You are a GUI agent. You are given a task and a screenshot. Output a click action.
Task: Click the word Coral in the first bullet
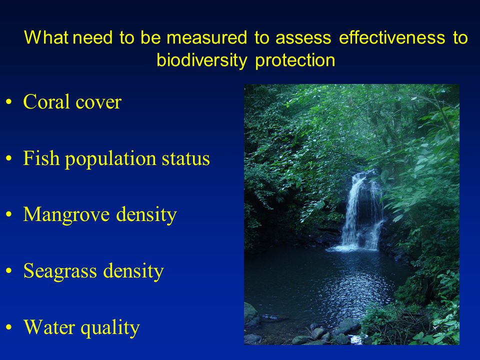[x=46, y=101]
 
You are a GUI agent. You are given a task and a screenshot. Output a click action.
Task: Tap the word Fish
[x=41, y=158]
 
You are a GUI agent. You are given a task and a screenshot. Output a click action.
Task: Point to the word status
[x=186, y=159]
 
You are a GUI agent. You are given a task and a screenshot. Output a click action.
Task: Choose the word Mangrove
[x=66, y=215]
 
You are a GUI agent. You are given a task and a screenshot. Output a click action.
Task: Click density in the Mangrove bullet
[x=146, y=215]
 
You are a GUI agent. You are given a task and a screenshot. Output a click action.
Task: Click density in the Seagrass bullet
[x=133, y=271]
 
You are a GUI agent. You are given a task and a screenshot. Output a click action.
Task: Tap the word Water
[x=49, y=327]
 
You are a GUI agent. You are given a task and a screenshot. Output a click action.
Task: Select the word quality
[x=110, y=328]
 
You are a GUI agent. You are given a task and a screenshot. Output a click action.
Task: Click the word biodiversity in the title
[x=201, y=60]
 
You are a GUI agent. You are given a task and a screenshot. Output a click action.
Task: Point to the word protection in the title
[x=295, y=60]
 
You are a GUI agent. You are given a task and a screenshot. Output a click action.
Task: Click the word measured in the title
[x=206, y=38]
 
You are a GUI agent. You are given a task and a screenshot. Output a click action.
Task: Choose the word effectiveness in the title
[x=392, y=37]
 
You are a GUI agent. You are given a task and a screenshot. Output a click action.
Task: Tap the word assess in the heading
[x=303, y=38]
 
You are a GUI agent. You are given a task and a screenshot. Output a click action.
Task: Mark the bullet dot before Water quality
[x=9, y=327]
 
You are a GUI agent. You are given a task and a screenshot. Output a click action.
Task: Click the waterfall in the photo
[x=361, y=211]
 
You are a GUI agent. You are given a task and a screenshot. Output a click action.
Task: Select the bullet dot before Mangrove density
[x=9, y=214]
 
